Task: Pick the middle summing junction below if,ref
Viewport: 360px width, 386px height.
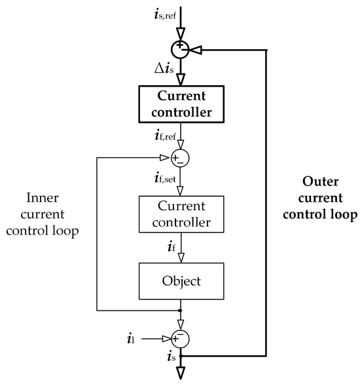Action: [179, 158]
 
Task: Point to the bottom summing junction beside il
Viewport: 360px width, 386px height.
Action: [179, 338]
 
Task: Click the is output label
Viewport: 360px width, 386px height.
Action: [169, 357]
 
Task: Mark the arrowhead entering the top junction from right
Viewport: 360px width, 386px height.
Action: [193, 48]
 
